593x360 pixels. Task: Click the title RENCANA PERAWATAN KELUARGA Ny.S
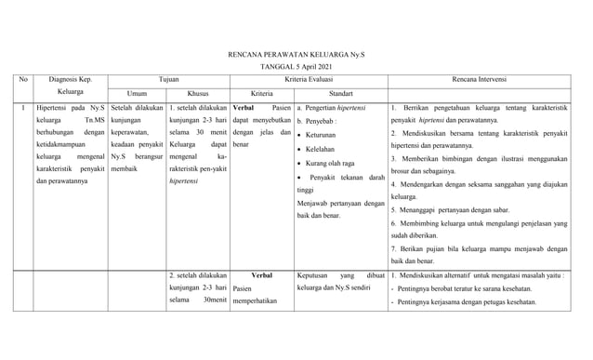coord(296,55)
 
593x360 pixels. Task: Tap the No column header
coord(24,81)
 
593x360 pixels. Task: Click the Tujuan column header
coord(169,81)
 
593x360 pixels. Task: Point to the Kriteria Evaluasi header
coord(309,81)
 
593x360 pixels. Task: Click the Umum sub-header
coord(137,94)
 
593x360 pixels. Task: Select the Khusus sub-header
coord(198,94)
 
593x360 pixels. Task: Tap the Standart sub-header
coord(340,94)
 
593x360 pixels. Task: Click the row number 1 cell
coord(22,109)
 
